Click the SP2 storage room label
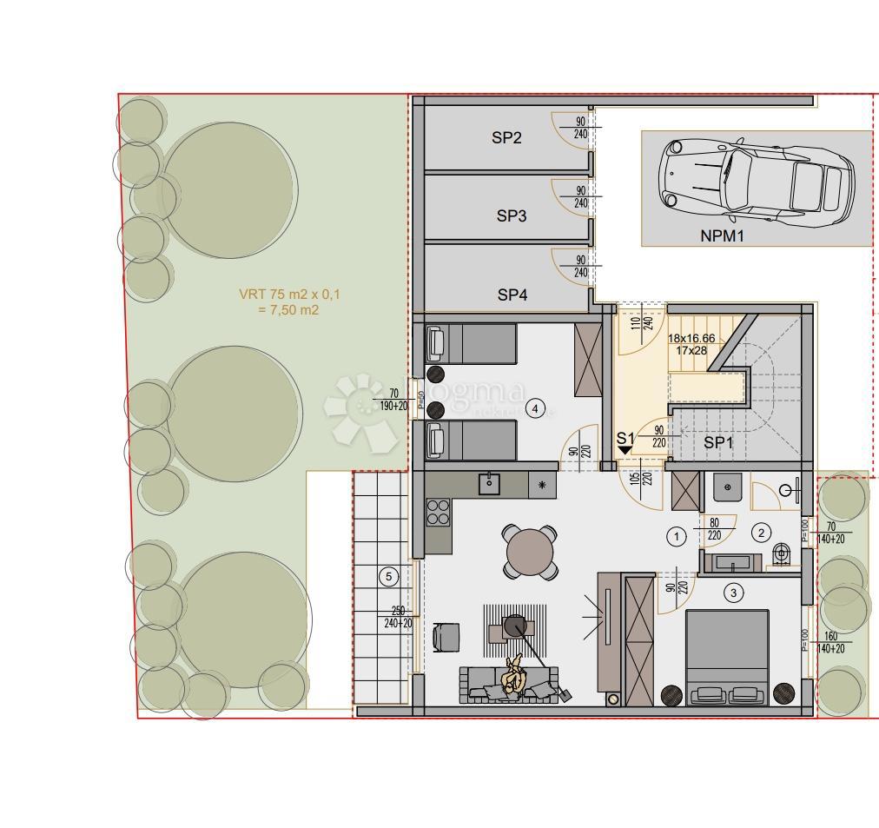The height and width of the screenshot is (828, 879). pyautogui.click(x=506, y=137)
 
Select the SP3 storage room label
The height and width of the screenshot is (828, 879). pyautogui.click(x=512, y=216)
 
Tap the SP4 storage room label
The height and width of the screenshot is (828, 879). pyautogui.click(x=512, y=295)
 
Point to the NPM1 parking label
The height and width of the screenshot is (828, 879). pyautogui.click(x=723, y=235)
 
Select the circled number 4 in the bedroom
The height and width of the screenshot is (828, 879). pyautogui.click(x=536, y=408)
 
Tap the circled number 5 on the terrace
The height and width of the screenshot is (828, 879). pyautogui.click(x=388, y=576)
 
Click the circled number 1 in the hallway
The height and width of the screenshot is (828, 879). pyautogui.click(x=677, y=536)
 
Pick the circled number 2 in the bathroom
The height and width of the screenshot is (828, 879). pyautogui.click(x=761, y=533)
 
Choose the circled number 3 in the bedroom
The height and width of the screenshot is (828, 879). pyautogui.click(x=734, y=593)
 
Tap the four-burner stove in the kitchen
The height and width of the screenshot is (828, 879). pyautogui.click(x=439, y=511)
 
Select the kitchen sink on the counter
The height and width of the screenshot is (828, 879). pyautogui.click(x=491, y=483)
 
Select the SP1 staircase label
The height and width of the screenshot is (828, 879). pyautogui.click(x=718, y=442)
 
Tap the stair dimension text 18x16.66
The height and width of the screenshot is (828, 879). pyautogui.click(x=691, y=339)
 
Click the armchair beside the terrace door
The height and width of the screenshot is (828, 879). pyautogui.click(x=446, y=636)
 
